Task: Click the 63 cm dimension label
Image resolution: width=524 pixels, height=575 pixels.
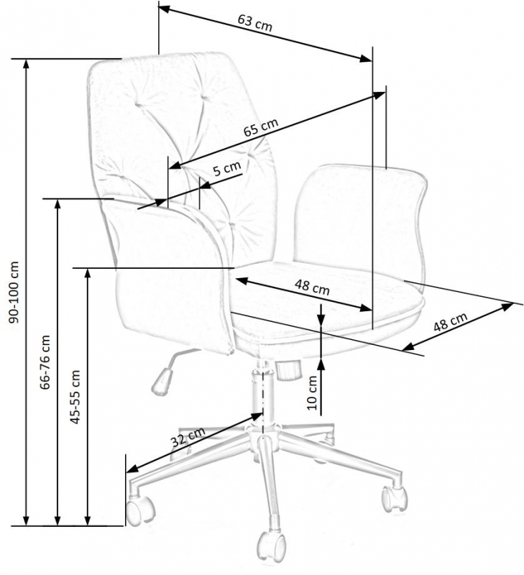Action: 254,23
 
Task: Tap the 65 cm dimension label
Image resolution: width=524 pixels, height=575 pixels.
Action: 260,129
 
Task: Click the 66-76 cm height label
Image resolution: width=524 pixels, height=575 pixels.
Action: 45,362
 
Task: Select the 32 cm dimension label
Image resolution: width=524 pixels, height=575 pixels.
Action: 188,438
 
